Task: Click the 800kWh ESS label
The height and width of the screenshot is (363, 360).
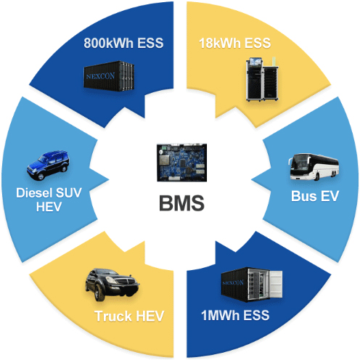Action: coord(123,43)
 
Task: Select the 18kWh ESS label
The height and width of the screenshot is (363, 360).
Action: coord(234,43)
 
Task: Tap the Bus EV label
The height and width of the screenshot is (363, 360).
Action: coord(315,196)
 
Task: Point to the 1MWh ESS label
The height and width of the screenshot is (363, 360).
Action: coord(235,315)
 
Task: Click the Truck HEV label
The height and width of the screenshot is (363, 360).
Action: coord(129,316)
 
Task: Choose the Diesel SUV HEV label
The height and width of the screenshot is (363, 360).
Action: coord(49,200)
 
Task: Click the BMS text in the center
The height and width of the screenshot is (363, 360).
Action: coord(181,203)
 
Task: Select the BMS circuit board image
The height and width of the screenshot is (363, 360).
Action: coord(181,163)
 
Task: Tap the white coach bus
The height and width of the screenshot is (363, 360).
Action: coord(314,167)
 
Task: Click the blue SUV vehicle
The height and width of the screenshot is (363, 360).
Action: coord(48,165)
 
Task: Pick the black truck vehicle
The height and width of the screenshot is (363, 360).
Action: coord(112,284)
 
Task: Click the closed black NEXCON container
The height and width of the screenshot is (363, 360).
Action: coord(109,76)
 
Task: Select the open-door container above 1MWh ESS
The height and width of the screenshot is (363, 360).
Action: coord(252,285)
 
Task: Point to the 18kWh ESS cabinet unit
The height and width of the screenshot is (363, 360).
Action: coord(262,79)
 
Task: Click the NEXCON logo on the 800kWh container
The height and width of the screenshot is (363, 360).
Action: coord(101,76)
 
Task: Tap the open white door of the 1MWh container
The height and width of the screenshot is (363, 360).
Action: coord(276,284)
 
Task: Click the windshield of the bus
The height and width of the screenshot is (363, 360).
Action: coord(300,163)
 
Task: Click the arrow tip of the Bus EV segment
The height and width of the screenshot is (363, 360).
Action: coord(252,179)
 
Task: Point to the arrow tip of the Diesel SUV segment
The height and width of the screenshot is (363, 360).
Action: coord(109,179)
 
